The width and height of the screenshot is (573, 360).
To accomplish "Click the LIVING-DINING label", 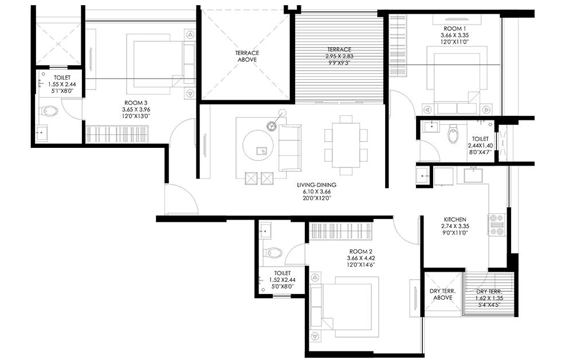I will pyautogui.click(x=316, y=185).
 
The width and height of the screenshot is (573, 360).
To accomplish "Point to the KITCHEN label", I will pyautogui.click(x=455, y=220).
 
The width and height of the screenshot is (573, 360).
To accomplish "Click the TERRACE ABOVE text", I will pyautogui.click(x=247, y=56).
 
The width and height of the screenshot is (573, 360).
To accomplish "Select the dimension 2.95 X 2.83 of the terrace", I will pyautogui.click(x=339, y=57).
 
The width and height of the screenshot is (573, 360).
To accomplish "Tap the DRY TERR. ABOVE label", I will pyautogui.click(x=442, y=294).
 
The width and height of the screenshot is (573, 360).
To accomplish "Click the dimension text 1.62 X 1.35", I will pyautogui.click(x=490, y=298).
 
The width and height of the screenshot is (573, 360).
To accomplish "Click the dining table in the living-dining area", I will pyautogui.click(x=346, y=146).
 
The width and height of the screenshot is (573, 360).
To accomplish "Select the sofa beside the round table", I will pyautogui.click(x=290, y=147).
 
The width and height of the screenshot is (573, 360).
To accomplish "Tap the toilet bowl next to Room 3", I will pyautogui.click(x=49, y=111).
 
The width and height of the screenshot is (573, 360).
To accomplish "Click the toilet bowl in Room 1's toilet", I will pyautogui.click(x=453, y=135).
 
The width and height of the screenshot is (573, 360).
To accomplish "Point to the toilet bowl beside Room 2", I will pyautogui.click(x=273, y=252).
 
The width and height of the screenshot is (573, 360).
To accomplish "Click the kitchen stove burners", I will pyautogui.click(x=496, y=225).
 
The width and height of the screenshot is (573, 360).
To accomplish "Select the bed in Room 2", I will pyautogui.click(x=344, y=304).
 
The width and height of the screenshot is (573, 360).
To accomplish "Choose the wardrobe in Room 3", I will pyautogui.click(x=118, y=134).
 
